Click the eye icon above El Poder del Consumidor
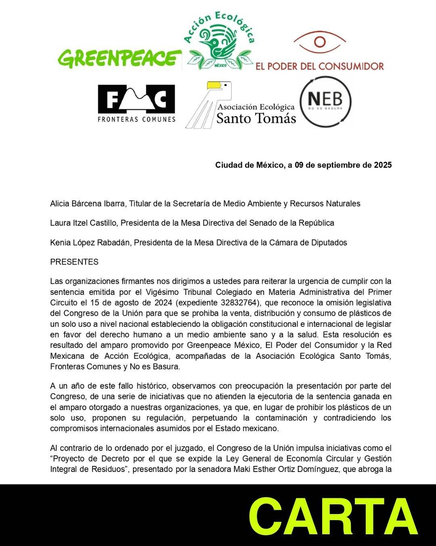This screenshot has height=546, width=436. [320, 42]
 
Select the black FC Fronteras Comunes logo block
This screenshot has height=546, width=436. [136, 99]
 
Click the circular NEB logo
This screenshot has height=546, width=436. [325, 102]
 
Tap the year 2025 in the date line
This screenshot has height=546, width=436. [382, 165]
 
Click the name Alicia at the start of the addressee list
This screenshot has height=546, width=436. [60, 204]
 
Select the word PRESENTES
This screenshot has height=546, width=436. [74, 262]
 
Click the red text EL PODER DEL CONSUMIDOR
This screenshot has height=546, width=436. [319, 66]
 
